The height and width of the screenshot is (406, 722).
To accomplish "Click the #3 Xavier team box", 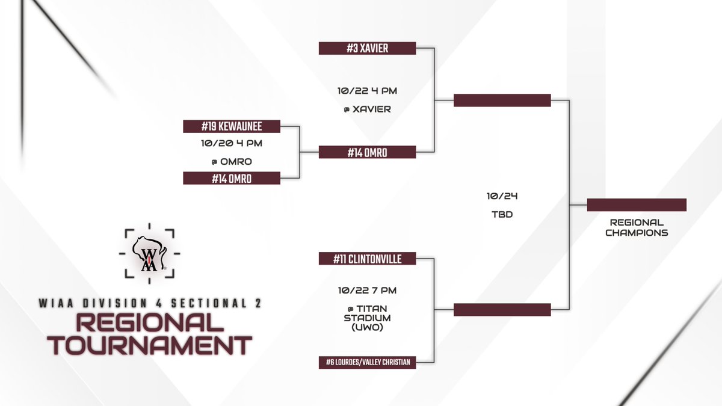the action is [x=367, y=48].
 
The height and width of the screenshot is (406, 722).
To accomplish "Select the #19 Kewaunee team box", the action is [x=232, y=126].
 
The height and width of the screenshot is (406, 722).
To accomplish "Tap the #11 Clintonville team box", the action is [x=367, y=259].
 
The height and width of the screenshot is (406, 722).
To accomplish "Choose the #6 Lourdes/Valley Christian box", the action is [x=367, y=363].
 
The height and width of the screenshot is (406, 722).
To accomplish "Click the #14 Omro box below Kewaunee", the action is [x=232, y=178].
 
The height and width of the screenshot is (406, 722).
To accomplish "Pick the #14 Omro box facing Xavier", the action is [x=367, y=152].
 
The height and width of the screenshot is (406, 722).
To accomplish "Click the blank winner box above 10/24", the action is [x=502, y=100].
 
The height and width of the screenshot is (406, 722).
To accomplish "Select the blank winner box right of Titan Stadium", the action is [x=502, y=310].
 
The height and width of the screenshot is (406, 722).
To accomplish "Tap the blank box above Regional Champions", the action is [x=637, y=205].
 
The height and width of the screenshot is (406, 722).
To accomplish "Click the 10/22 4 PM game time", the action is [x=367, y=91].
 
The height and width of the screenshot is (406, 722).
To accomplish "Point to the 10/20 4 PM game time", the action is [x=232, y=143].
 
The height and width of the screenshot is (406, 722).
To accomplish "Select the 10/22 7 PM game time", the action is [x=367, y=291].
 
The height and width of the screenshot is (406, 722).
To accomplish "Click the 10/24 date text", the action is [x=502, y=196].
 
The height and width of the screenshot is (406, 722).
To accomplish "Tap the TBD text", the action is [x=502, y=214].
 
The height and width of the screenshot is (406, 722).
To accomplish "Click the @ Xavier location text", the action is [x=368, y=109].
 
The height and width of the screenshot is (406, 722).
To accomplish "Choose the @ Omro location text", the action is [x=232, y=161].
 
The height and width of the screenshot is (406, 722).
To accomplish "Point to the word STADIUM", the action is [x=367, y=318].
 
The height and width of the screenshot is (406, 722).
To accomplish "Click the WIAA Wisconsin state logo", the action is [x=149, y=254].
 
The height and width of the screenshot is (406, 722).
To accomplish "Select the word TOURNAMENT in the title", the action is [x=150, y=345].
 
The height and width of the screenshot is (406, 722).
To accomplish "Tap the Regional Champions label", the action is [x=637, y=227].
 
